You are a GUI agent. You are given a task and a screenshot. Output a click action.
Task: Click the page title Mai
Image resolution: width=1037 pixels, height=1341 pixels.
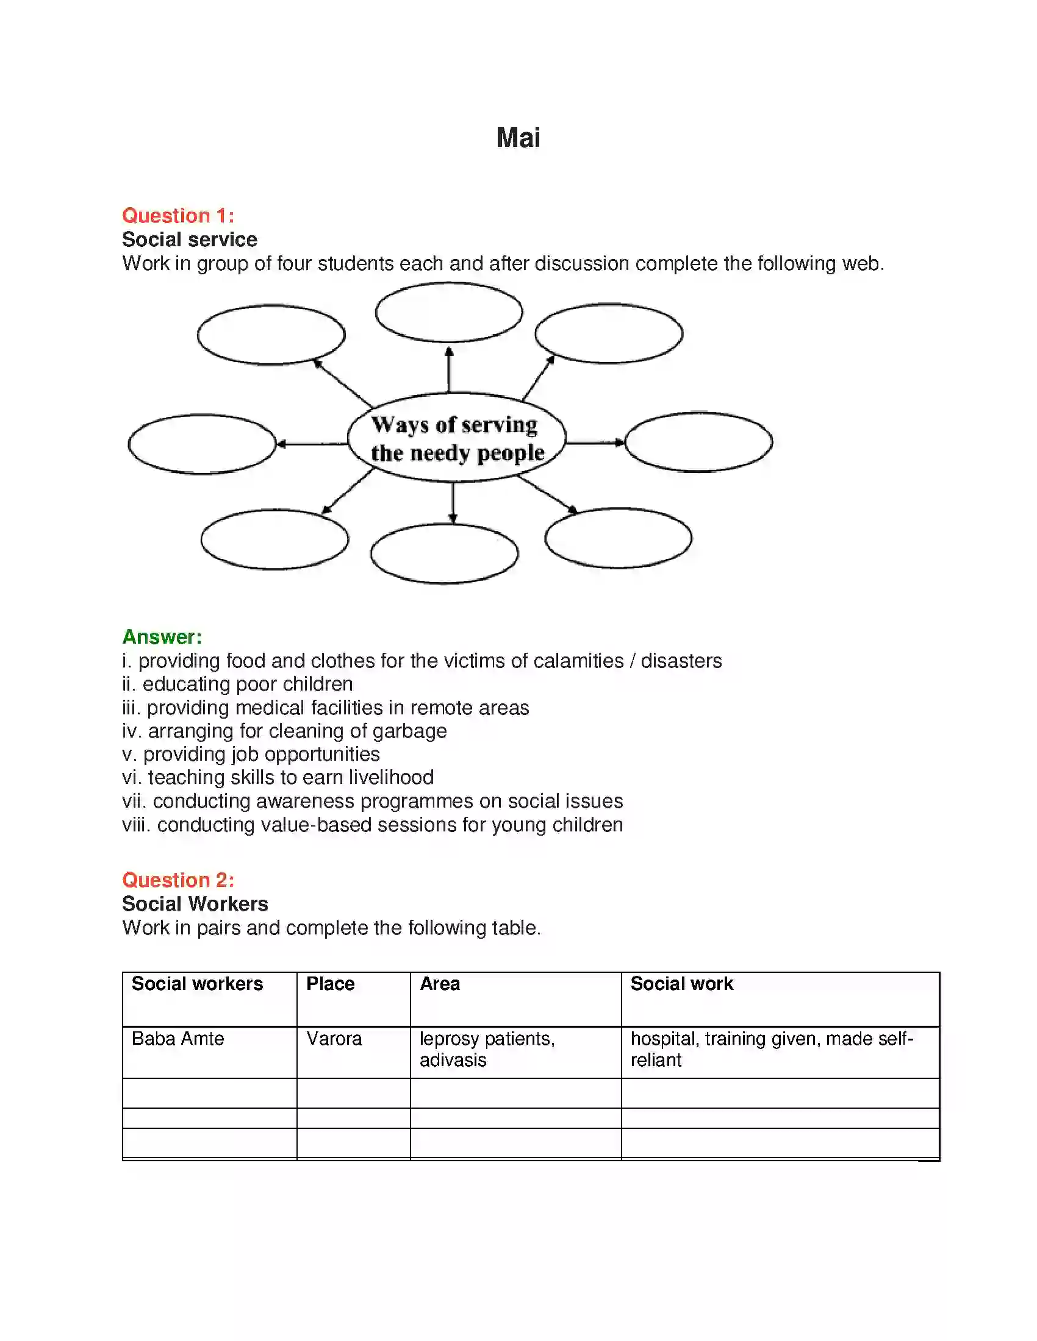point(518,138)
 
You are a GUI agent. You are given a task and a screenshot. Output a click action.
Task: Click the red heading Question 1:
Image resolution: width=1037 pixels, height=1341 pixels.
point(178,216)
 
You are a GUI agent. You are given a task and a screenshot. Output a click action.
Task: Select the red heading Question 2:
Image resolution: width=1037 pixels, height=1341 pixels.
point(178,880)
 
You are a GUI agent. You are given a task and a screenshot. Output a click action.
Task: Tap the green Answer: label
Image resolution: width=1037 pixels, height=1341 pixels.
point(162,637)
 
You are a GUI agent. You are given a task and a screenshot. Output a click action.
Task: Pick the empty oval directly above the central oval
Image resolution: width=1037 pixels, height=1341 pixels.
point(449,313)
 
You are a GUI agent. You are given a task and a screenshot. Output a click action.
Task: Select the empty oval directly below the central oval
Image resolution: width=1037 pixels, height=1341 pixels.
point(444,553)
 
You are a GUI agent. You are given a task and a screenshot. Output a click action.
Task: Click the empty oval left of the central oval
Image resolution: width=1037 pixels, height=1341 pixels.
point(202,444)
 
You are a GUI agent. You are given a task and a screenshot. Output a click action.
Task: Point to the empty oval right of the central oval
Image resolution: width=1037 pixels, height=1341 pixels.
point(698,442)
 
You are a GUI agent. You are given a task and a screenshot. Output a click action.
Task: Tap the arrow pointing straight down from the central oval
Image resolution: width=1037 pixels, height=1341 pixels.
point(453,502)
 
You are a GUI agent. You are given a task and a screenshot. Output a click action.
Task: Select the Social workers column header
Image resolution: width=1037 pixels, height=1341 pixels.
point(197,984)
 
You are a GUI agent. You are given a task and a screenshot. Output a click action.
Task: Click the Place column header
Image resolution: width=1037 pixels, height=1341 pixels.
point(330,984)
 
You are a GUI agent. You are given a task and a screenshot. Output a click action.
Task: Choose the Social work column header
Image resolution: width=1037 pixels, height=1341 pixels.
point(681,984)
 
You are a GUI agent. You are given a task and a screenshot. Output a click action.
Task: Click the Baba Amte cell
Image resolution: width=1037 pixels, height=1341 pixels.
point(178,1038)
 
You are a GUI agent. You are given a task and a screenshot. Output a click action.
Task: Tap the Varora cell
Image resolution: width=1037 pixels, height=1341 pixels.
point(334,1038)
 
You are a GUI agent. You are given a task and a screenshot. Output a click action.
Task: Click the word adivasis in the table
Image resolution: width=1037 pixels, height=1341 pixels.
point(453,1060)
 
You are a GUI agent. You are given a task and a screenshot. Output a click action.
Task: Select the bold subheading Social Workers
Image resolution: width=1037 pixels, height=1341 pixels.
point(195,904)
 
